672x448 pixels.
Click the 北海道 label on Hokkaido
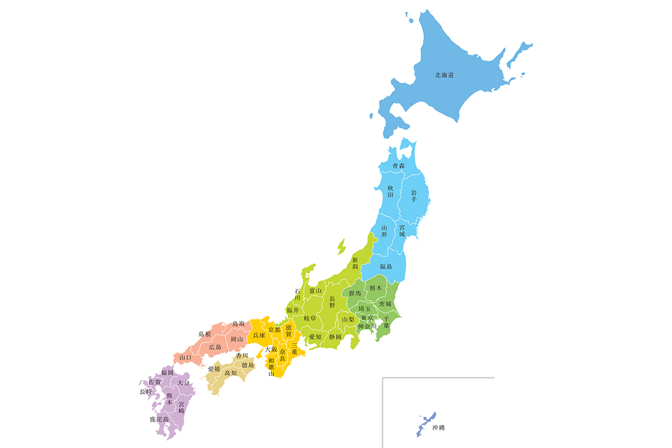click(x=444, y=74)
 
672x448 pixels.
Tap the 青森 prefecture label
click(x=398, y=166)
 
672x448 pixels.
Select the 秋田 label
click(x=391, y=191)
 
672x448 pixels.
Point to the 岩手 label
click(x=414, y=196)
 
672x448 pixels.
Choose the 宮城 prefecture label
click(x=402, y=230)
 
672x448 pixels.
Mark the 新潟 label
click(x=355, y=263)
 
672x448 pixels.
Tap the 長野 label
click(x=332, y=302)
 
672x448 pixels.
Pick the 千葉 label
click(x=386, y=321)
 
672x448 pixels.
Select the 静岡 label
click(x=335, y=337)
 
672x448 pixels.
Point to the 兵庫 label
click(x=259, y=335)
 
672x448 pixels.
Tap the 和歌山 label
click(x=272, y=367)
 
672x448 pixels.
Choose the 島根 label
click(x=205, y=334)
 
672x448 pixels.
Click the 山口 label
click(x=185, y=357)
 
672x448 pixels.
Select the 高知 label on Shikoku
click(x=230, y=372)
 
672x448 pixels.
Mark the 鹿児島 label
click(x=159, y=419)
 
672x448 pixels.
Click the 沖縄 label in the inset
click(x=438, y=427)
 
